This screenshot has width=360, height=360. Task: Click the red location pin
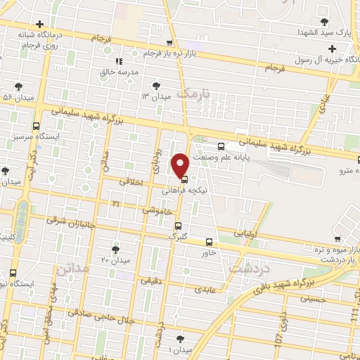(181, 165)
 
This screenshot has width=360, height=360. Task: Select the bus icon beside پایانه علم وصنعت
(221, 146)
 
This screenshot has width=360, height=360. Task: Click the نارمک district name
(194, 93)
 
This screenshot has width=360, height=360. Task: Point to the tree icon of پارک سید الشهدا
(323, 21)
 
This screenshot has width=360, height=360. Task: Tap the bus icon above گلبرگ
(179, 226)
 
